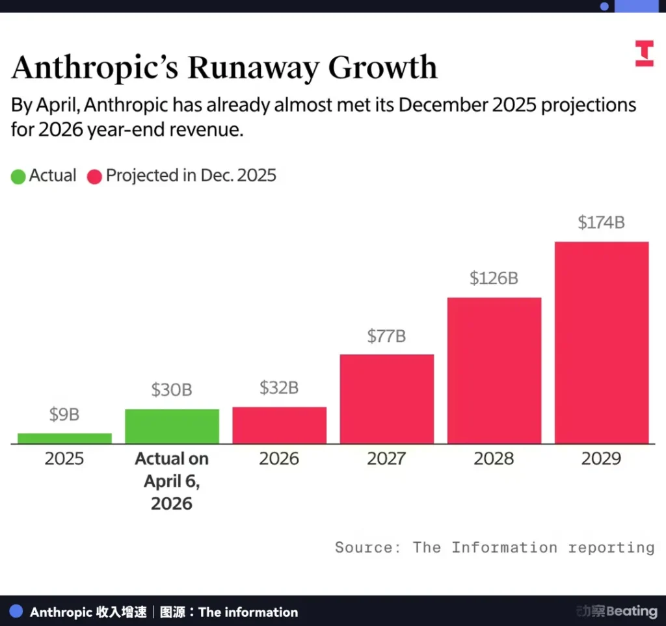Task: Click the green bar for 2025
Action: [64, 438]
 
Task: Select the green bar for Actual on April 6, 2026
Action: [172, 426]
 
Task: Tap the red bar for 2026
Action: [279, 425]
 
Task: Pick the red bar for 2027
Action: [386, 399]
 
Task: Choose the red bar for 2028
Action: [494, 371]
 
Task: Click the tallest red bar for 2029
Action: [601, 343]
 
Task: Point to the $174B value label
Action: [601, 222]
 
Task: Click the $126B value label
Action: [494, 278]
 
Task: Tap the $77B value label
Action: [386, 335]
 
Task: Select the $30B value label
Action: [172, 389]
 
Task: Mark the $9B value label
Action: [64, 414]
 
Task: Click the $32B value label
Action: [279, 387]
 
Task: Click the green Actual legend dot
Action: [18, 176]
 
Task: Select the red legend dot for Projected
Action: [95, 176]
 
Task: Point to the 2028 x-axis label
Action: [494, 459]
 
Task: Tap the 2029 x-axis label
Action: [601, 459]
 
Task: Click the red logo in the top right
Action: [644, 53]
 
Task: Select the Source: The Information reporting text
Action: [494, 547]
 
